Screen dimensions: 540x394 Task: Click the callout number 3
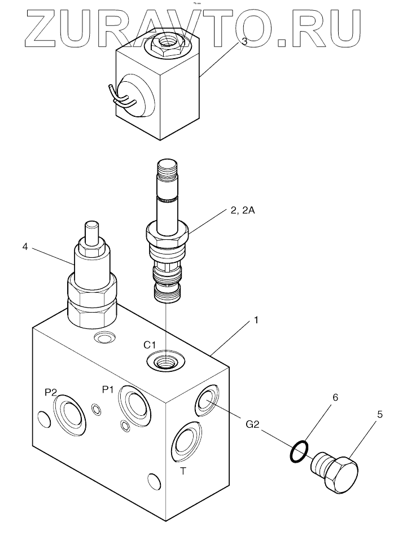244,41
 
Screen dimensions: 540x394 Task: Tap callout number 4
25,247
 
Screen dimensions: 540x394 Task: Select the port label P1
108,389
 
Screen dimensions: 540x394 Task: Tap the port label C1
150,344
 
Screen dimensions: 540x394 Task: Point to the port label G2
252,425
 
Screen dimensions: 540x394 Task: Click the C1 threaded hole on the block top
165,361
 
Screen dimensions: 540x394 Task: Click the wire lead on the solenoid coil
120,96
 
